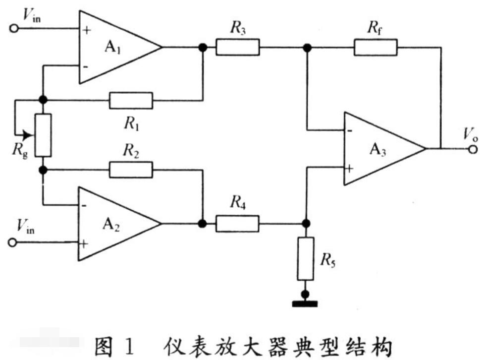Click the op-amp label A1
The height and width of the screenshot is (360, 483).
112,48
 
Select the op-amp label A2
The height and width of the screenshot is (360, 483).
111,225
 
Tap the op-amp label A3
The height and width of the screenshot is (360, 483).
377,150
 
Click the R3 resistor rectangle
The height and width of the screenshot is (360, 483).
237,47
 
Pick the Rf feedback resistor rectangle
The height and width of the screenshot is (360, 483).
376,47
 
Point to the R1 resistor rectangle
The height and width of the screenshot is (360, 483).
131,101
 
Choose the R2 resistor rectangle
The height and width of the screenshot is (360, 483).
131,170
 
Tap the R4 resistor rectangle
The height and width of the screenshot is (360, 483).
237,224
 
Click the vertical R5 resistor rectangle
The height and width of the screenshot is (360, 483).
306,259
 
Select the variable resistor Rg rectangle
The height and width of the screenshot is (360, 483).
43,135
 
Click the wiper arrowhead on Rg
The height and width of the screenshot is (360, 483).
29,135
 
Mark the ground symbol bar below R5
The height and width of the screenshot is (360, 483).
305,304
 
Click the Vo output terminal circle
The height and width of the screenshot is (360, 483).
473,149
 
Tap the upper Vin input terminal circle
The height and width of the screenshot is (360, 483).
14,29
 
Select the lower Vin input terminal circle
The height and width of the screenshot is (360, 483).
12,243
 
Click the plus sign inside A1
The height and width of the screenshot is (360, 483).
87,30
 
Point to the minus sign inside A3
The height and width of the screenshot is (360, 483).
349,131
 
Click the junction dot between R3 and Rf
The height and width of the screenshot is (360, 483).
307,48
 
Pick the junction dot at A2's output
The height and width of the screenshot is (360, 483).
203,224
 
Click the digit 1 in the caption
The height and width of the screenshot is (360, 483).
130,346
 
